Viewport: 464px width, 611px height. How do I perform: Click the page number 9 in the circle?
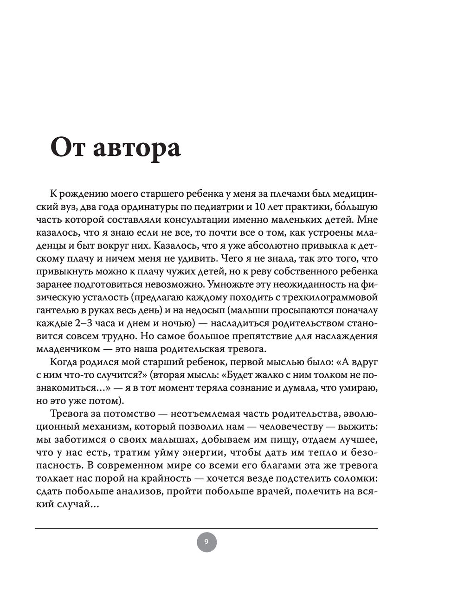tap(206, 541)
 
